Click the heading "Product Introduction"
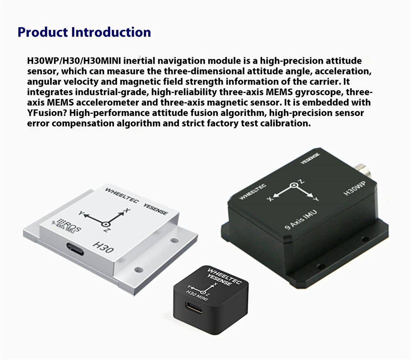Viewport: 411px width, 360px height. coord(84,32)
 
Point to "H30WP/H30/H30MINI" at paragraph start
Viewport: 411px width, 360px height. coord(74,61)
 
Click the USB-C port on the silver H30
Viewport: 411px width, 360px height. coord(75,249)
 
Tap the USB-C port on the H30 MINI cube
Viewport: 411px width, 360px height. coord(194,307)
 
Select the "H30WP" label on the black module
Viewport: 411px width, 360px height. coord(354,188)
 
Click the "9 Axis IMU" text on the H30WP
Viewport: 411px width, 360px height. coord(301,220)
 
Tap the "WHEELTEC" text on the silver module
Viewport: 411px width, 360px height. coord(121,195)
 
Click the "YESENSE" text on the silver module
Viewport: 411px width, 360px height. coord(155,209)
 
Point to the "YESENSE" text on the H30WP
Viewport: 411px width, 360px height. coord(310,158)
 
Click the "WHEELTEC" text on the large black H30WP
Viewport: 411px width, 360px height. coord(253,192)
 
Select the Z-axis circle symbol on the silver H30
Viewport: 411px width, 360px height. coord(106,225)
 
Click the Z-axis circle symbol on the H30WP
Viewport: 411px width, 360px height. coord(293,186)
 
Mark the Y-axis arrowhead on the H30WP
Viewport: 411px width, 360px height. coord(311,196)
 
